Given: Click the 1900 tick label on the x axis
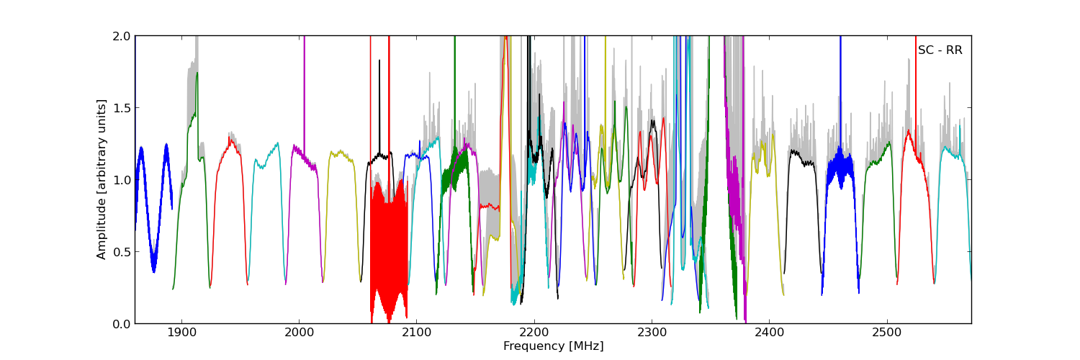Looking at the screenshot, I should pos(181,334).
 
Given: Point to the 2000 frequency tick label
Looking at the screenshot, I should pos(299,334).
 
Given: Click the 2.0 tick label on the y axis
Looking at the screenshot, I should pos(122,36).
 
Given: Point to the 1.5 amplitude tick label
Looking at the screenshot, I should pos(122,108).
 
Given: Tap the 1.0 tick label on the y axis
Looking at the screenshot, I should pos(122,180).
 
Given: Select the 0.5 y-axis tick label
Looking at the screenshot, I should pos(122,252).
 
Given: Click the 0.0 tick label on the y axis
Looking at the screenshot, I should pos(122,324).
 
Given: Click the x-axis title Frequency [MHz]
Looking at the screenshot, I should pos(553,346).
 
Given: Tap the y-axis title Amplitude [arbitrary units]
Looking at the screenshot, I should pos(102,179).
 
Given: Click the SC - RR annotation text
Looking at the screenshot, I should pos(940,50).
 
